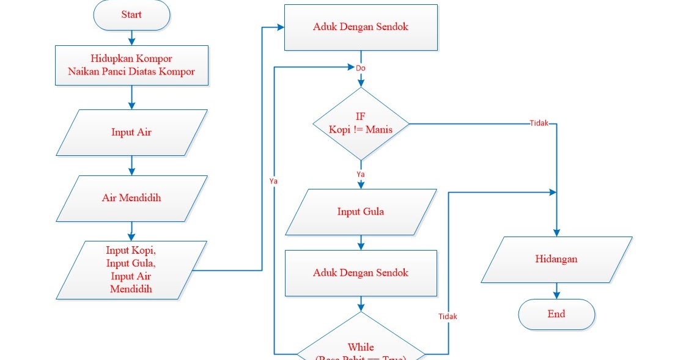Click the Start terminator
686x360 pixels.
click(x=131, y=15)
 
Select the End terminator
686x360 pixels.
click(x=556, y=314)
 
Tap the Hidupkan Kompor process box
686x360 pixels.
click(x=131, y=65)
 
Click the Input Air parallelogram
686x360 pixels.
click(x=131, y=132)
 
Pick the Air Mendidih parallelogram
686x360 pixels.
click(x=131, y=198)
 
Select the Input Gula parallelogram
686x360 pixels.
click(x=361, y=212)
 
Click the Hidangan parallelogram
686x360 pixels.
click(x=556, y=259)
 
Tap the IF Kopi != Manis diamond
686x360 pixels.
click(x=361, y=123)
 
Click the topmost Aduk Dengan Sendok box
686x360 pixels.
click(x=361, y=27)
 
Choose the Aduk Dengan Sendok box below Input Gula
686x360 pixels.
click(x=361, y=273)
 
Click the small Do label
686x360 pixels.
click(x=361, y=68)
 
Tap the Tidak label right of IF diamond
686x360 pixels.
click(x=539, y=123)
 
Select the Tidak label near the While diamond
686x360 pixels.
click(x=448, y=317)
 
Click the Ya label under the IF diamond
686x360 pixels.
click(x=361, y=174)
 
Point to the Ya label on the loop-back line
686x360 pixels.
click(x=274, y=182)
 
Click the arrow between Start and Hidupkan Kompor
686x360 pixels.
click(x=131, y=37)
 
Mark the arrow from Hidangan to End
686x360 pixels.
click(x=556, y=291)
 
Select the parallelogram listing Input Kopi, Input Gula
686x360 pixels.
click(x=131, y=270)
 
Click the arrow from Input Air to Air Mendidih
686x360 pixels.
click(x=131, y=165)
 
